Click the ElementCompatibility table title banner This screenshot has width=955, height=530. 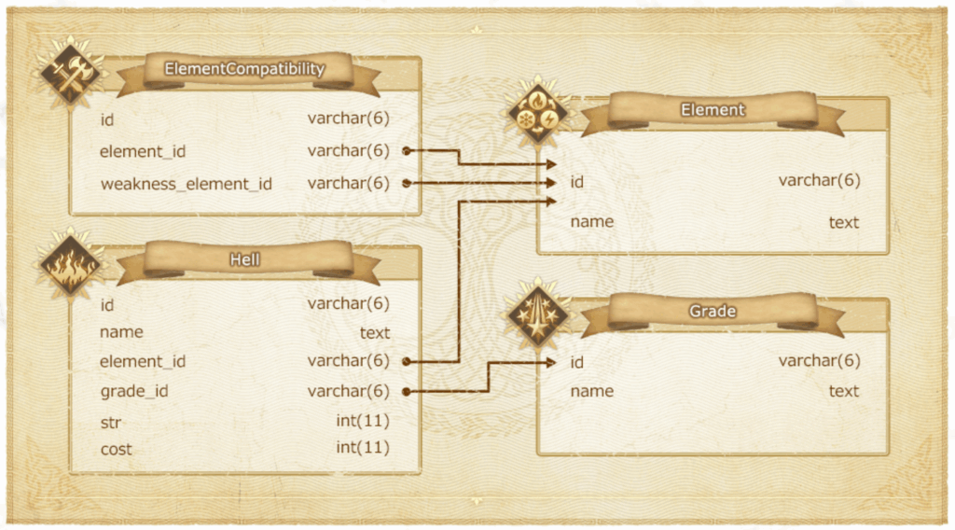coord(244,69)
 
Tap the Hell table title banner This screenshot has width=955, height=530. coord(244,259)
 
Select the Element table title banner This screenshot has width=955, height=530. coord(713,110)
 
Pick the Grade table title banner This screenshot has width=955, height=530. coord(713,311)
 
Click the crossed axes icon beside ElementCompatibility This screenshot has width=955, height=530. coord(71,74)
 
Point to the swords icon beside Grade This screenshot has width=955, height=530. coord(538,316)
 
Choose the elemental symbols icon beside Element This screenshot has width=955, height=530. coord(538,115)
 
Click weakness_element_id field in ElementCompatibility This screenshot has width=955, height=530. coord(186,184)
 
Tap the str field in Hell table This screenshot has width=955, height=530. coord(111,422)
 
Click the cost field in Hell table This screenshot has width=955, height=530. coord(116,450)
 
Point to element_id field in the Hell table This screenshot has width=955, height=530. coord(142,361)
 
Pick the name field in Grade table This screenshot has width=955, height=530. coord(591,391)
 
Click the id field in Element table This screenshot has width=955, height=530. coord(576,182)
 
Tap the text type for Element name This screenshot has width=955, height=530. coord(843,222)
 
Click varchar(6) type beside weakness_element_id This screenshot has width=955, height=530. coord(348,184)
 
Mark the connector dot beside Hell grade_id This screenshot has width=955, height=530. coord(407,391)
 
